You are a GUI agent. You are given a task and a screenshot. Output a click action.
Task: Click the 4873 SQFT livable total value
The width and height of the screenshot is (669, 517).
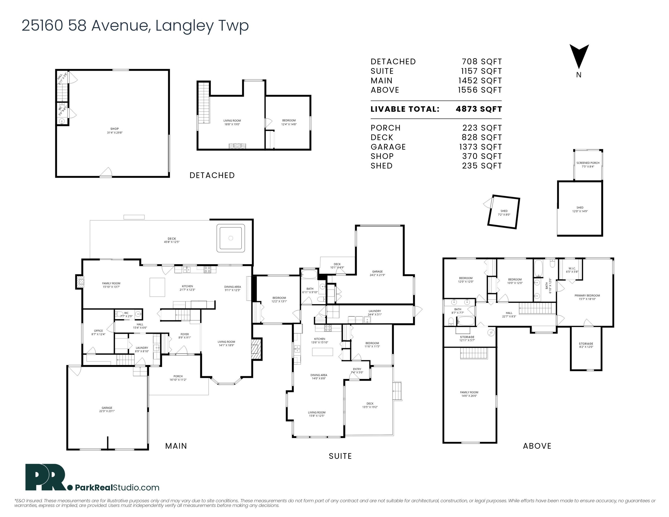pos(478,109)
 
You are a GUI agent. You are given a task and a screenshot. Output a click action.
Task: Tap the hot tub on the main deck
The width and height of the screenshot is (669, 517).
pos(231,238)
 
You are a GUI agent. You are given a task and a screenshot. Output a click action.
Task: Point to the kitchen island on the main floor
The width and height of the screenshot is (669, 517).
pos(157,287)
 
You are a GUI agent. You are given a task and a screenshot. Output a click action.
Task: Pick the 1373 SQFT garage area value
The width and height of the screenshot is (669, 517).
pos(480,147)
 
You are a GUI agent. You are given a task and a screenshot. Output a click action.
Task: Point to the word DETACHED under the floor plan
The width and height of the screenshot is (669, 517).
pos(212,175)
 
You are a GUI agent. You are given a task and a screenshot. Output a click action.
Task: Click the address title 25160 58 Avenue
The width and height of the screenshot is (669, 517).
pos(135,25)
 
